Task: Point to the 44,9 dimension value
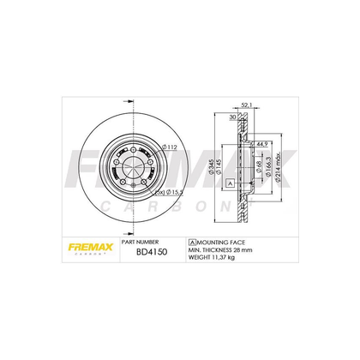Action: [x=264, y=145]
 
